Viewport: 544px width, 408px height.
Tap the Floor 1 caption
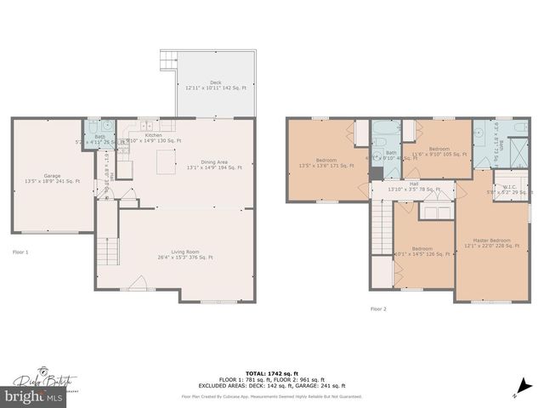tap(20, 252)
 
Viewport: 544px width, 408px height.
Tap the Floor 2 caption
tap(378, 309)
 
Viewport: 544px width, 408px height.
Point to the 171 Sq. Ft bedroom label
tap(326, 162)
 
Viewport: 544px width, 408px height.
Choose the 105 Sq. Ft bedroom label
tap(439, 150)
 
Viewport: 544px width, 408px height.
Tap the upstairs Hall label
tap(413, 186)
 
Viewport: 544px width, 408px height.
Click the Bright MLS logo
tap(34, 396)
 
